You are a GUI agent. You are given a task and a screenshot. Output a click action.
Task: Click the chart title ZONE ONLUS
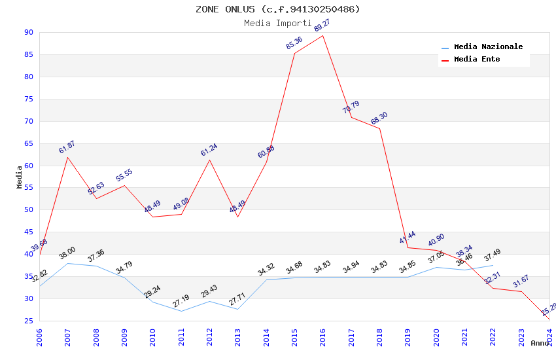(278, 9)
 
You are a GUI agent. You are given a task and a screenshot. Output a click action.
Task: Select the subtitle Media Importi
(278, 23)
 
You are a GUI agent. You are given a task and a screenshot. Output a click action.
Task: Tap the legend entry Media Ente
(477, 60)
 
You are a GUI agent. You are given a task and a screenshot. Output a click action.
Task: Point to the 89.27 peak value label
(322, 26)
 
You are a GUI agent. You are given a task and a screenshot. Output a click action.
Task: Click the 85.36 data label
(294, 43)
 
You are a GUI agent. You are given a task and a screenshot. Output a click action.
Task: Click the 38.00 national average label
(67, 253)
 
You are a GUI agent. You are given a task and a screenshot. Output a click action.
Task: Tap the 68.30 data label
(379, 118)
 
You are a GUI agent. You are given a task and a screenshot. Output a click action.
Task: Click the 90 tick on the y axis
(28, 32)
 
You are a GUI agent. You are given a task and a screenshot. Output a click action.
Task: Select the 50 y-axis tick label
(28, 210)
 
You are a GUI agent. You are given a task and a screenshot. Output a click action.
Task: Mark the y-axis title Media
(20, 177)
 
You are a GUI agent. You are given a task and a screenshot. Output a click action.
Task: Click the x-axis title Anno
(540, 343)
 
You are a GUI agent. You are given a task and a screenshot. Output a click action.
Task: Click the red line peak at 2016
(323, 35)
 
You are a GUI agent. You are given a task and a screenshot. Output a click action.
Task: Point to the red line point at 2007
(67, 157)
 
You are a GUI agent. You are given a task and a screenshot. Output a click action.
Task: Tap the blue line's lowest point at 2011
(181, 311)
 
